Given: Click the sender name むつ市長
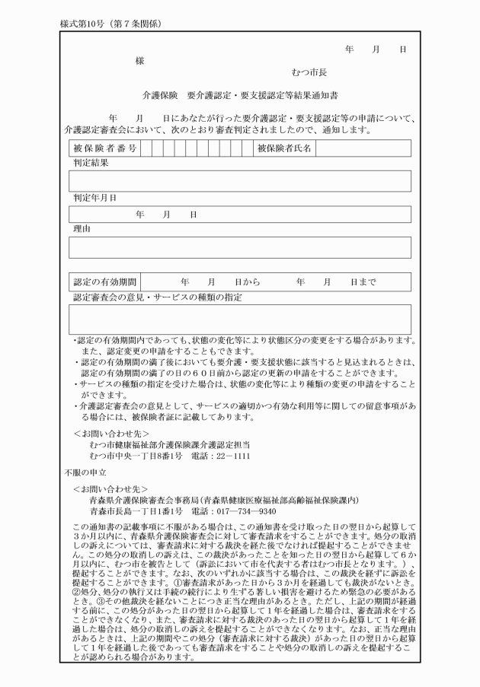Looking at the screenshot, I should [309, 73].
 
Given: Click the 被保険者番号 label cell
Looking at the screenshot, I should [104, 148].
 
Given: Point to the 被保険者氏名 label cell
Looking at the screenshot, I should [284, 148].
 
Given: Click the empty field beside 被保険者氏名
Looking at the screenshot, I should [363, 148].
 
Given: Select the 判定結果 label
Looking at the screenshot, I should [91, 163].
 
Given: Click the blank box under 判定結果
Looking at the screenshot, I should [239, 181].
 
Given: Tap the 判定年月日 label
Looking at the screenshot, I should [94, 198].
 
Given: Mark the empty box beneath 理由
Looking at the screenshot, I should [239, 247].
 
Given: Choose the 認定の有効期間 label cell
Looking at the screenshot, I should [104, 281].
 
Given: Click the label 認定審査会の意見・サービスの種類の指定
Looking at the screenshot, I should [168, 297].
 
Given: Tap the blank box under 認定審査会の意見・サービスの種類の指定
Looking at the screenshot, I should [239, 319].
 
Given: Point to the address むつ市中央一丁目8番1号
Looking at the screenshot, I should [135, 455].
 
